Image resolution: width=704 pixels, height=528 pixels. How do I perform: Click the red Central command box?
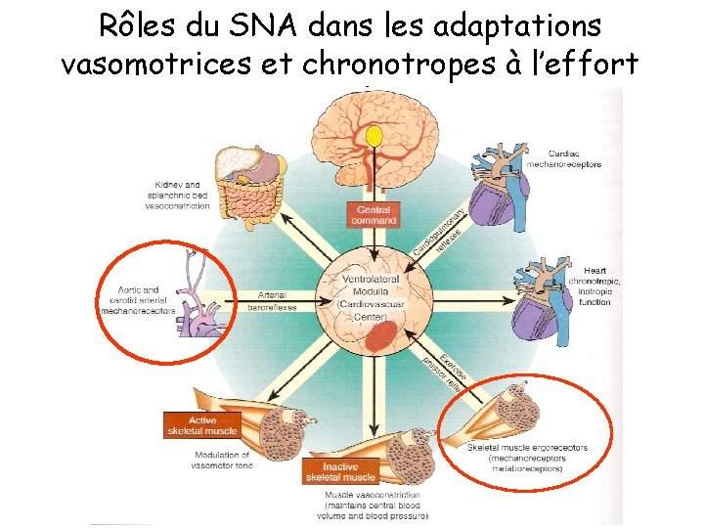[374, 215]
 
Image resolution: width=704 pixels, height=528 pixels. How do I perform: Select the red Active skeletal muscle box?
[201, 424]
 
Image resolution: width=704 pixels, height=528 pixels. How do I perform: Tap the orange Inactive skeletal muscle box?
[339, 471]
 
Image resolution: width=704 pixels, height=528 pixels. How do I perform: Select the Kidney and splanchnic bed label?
[177, 195]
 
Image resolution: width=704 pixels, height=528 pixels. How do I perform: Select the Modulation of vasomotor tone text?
[221, 460]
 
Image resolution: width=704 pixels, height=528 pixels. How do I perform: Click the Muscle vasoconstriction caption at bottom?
[375, 505]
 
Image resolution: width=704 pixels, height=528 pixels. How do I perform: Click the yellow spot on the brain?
[374, 134]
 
